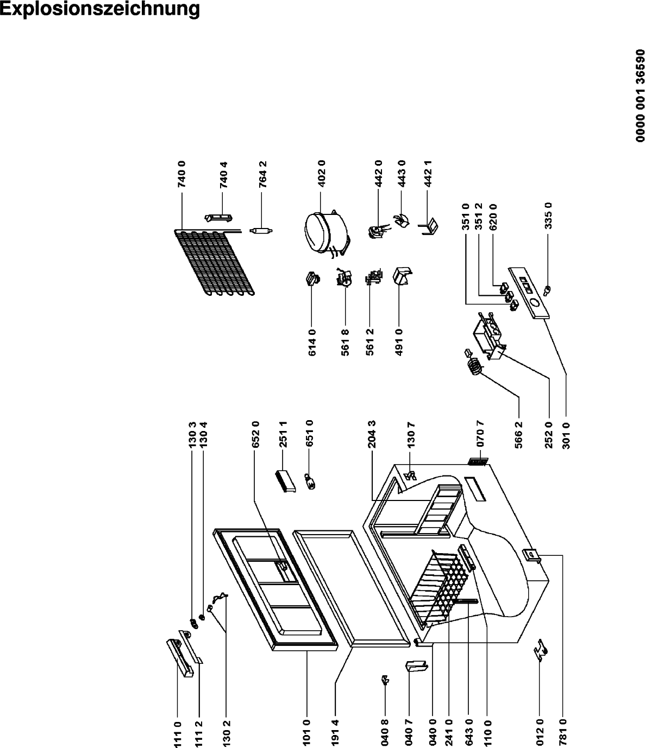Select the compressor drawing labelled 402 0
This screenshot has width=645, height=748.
326,232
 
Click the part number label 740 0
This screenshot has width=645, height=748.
182,174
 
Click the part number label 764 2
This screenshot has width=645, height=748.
262,174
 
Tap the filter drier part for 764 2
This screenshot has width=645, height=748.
261,231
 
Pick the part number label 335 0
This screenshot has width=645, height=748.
548,215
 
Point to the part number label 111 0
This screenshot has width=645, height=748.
178,734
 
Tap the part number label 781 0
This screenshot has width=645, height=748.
562,734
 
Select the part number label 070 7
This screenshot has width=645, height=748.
480,434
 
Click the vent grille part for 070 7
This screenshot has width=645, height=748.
478,461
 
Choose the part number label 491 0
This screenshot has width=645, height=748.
399,342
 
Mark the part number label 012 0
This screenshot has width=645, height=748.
539,734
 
